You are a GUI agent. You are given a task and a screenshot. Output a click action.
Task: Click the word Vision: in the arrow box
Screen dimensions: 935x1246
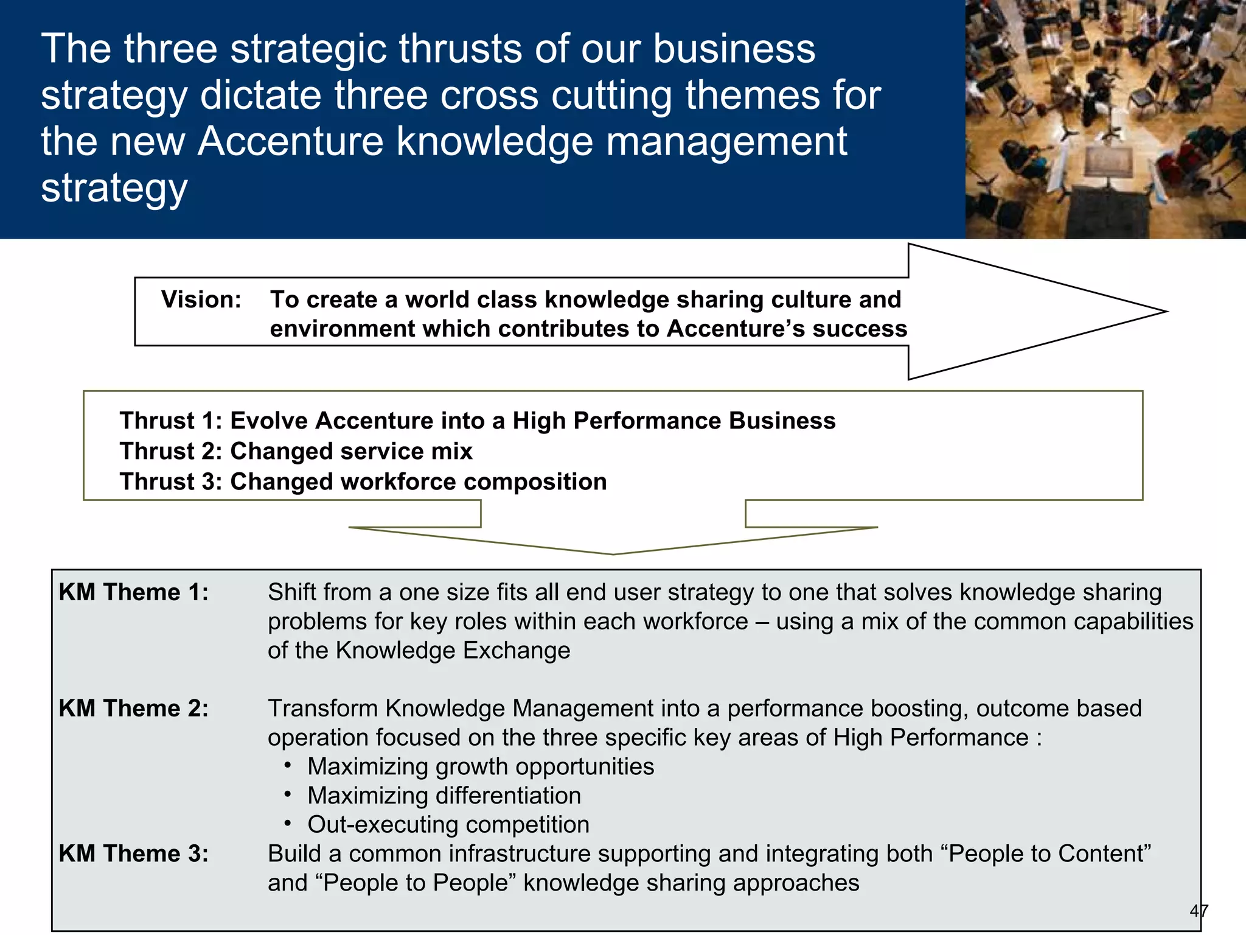pyautogui.click(x=201, y=299)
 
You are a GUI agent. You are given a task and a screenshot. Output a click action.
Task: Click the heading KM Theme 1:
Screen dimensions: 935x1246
pyautogui.click(x=133, y=592)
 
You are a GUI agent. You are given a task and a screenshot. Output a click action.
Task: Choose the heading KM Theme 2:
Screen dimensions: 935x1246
pyautogui.click(x=133, y=709)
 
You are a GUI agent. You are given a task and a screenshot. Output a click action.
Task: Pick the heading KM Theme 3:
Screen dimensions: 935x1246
pyautogui.click(x=133, y=853)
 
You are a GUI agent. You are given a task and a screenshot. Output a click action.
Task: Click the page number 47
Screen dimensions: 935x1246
pyautogui.click(x=1199, y=911)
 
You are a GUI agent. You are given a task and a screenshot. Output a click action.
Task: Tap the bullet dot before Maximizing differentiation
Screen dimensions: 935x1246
pyautogui.click(x=288, y=794)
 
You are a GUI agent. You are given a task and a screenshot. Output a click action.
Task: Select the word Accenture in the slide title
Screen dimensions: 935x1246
pyautogui.click(x=290, y=141)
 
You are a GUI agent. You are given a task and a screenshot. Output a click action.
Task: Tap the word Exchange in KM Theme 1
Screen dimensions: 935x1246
pyautogui.click(x=516, y=651)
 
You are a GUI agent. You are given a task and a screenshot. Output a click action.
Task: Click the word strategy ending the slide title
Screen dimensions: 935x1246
pyautogui.click(x=114, y=189)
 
